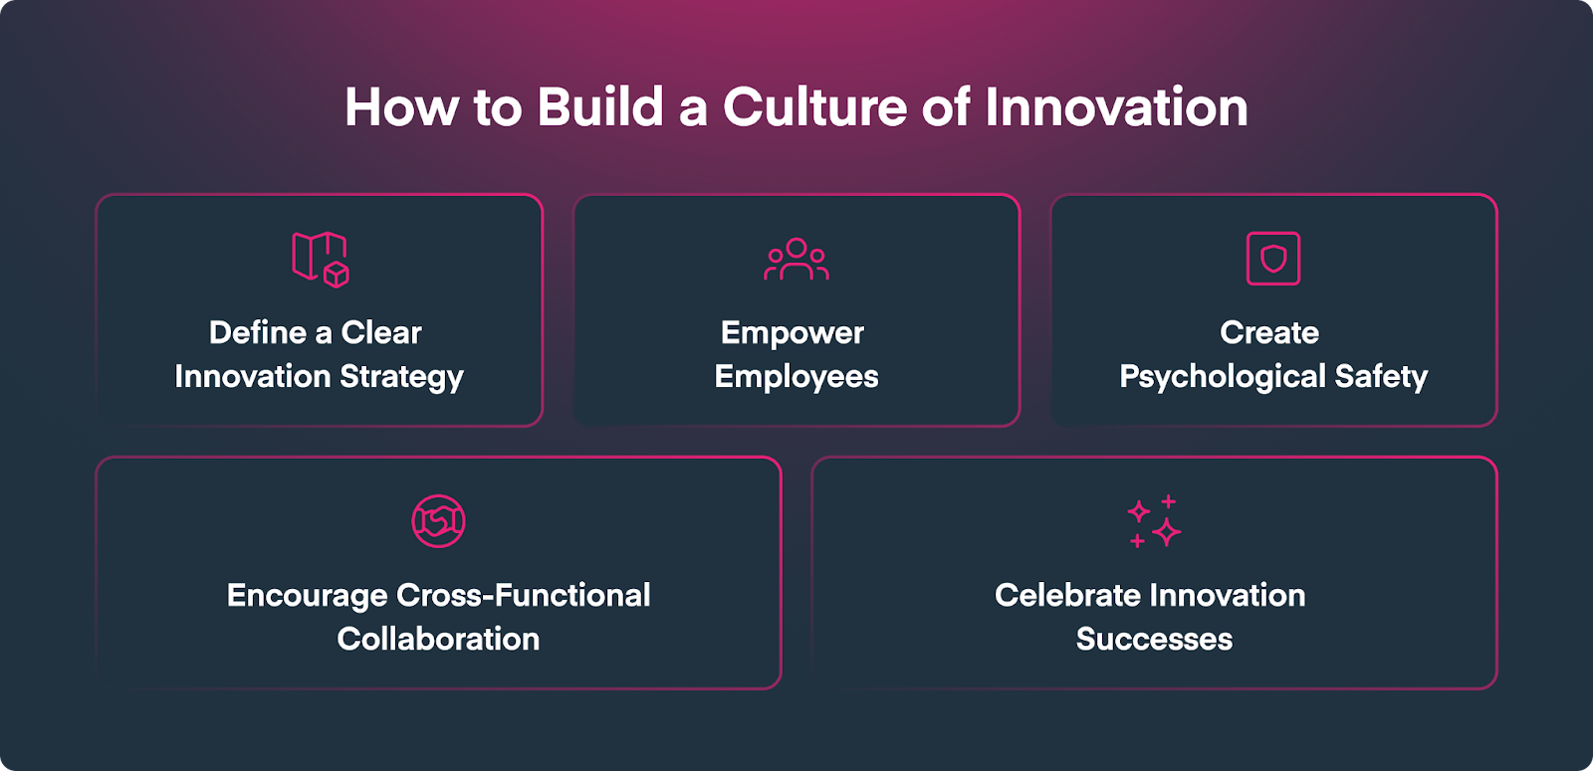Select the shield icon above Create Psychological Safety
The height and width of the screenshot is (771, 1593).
click(1273, 258)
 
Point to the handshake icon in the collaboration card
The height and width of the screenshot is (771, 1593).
click(438, 521)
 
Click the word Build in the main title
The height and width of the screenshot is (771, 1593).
click(600, 107)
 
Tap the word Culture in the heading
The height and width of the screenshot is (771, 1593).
click(815, 107)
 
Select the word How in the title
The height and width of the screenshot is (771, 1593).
click(402, 107)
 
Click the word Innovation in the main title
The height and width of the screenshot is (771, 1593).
click(1116, 107)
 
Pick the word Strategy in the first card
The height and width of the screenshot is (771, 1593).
click(402, 377)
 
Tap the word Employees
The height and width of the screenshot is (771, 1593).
click(796, 377)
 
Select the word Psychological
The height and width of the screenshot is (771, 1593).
click(1223, 377)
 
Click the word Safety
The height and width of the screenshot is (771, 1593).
click(1381, 377)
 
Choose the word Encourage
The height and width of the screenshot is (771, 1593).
click(308, 596)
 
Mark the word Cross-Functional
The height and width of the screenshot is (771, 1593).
click(524, 596)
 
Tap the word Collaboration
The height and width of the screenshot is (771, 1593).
click(438, 639)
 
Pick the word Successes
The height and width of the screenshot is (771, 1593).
click(1154, 639)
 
